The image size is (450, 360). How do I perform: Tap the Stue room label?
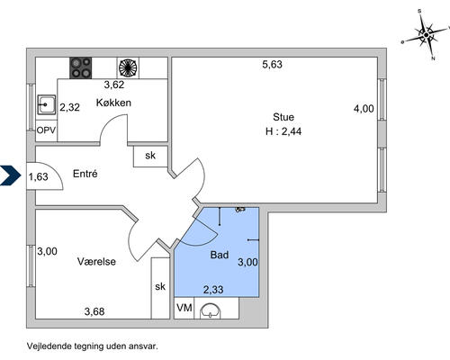pos(283,116)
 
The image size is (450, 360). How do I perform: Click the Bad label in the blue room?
pos(219,256)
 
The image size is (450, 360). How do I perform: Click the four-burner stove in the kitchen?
pos(82,67)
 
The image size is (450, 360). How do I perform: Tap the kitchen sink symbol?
pos(47,106)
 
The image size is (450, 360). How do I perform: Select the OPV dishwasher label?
pos(47,131)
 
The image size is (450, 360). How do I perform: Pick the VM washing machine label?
pos(184,309)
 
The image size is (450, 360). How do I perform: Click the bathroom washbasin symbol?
pos(212,311)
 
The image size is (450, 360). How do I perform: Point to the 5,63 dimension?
pos(273,64)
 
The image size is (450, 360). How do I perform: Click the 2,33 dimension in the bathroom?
pos(213,289)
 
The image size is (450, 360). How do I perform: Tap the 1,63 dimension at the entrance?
pos(38,177)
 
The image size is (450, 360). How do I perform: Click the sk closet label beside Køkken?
pos(150,156)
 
